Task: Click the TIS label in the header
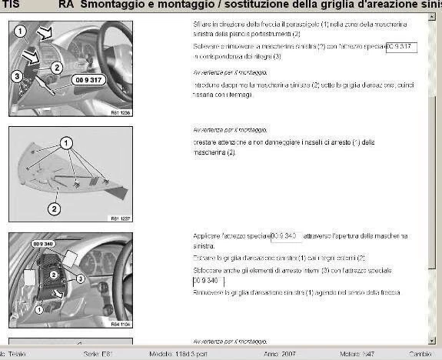click(12, 5)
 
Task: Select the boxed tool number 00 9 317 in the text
click(401, 47)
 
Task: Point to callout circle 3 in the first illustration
click(16, 75)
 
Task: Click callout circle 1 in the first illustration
click(21, 32)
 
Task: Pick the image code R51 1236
click(121, 113)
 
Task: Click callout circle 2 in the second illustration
click(54, 208)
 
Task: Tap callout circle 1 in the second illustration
click(66, 142)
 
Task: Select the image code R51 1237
click(121, 218)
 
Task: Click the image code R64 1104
click(121, 324)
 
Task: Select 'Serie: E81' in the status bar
click(98, 353)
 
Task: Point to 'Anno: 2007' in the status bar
click(278, 353)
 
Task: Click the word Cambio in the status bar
click(420, 353)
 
